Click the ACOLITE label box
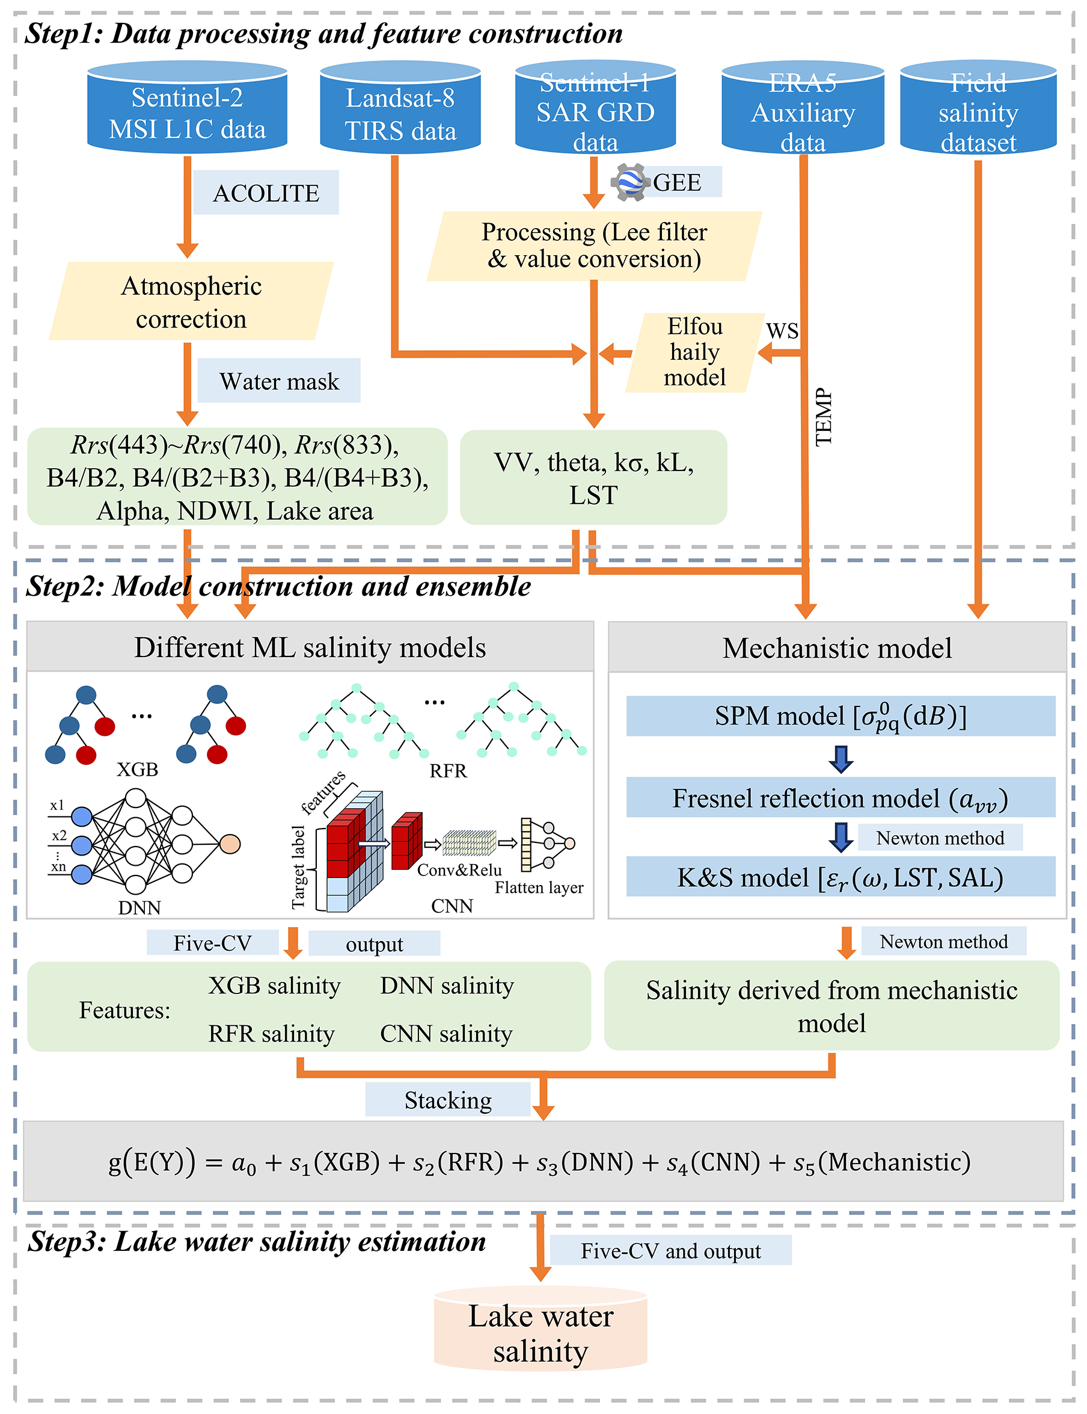pyautogui.click(x=266, y=193)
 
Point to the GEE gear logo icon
pyautogui.click(x=630, y=182)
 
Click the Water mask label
pyautogui.click(x=279, y=381)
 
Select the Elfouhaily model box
pyautogui.click(x=694, y=352)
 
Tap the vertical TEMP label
pyautogui.click(x=823, y=417)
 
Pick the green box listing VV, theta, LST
pyautogui.click(x=593, y=478)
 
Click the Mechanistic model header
pyautogui.click(x=837, y=647)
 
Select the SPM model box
pyautogui.click(x=841, y=716)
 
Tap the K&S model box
pyautogui.click(x=841, y=877)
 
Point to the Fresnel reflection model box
pyautogui.click(x=841, y=798)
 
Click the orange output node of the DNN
pyautogui.click(x=230, y=844)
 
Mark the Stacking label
pyautogui.click(x=448, y=1100)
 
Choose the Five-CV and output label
pyautogui.click(x=670, y=1250)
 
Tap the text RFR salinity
pyautogui.click(x=271, y=1034)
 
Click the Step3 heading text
pyautogui.click(x=256, y=1241)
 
